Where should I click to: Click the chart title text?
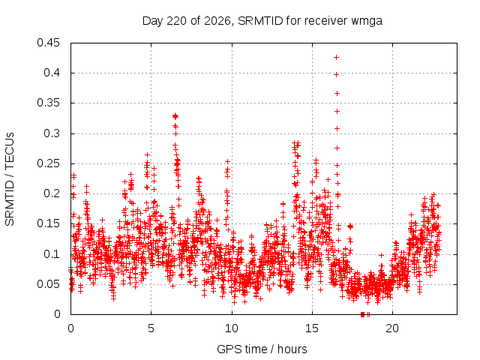[x=262, y=21]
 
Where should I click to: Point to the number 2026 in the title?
[x=217, y=21]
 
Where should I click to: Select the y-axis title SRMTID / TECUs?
[x=10, y=179]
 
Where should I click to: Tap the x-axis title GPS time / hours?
[x=262, y=349]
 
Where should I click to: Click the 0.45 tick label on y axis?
[x=48, y=43]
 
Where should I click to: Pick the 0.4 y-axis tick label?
[x=52, y=73]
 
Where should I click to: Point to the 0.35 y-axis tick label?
[x=48, y=103]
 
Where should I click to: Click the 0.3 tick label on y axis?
[x=52, y=133]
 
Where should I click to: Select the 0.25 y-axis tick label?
[x=48, y=163]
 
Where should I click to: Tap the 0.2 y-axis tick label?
[x=52, y=193]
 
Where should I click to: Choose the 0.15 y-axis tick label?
[x=48, y=223]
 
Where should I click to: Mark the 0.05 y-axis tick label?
[x=48, y=284]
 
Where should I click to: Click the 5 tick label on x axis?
[x=151, y=328]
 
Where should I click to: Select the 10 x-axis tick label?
[x=232, y=328]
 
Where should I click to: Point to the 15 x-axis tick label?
[x=312, y=328]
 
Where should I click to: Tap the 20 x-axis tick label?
[x=392, y=328]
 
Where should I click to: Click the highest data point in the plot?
[x=337, y=57]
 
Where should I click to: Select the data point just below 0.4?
[x=337, y=75]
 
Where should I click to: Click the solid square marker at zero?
[x=363, y=314]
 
